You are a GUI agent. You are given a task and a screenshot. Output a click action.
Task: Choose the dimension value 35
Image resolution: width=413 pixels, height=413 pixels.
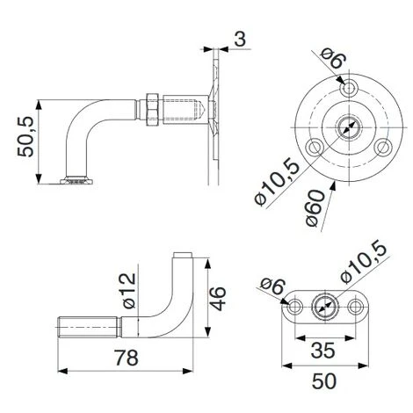pyautogui.click(x=323, y=350)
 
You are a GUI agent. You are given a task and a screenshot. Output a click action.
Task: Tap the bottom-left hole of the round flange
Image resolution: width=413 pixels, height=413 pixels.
pyautogui.click(x=313, y=146)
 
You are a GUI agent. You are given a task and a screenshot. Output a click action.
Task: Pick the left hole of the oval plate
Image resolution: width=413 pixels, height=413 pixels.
pyautogui.click(x=293, y=308)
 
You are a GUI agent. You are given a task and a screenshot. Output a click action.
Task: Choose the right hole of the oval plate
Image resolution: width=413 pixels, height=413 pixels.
pyautogui.click(x=356, y=308)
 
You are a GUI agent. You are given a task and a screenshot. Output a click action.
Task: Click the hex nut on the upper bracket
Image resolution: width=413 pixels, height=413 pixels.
pyautogui.click(x=150, y=108)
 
